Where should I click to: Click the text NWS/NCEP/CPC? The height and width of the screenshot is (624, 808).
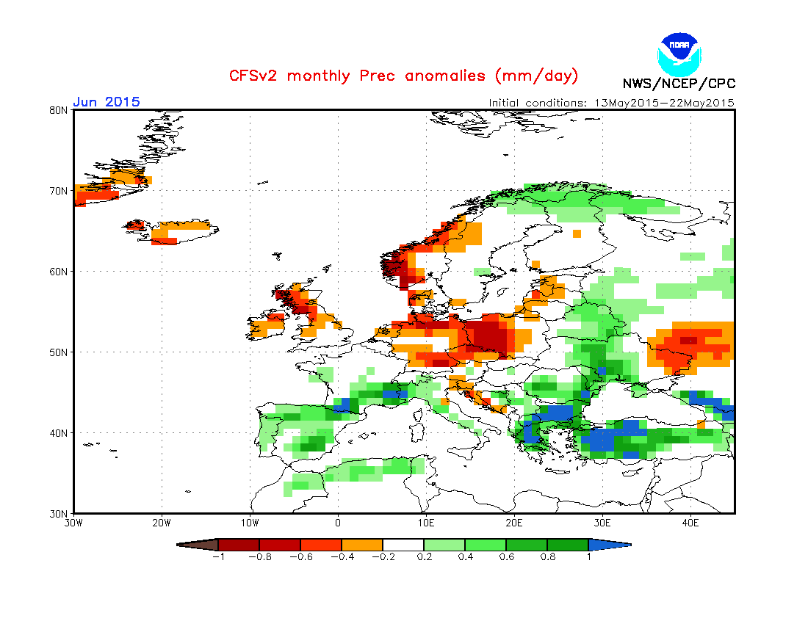click(x=679, y=84)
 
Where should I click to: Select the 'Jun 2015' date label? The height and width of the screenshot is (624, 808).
click(x=107, y=102)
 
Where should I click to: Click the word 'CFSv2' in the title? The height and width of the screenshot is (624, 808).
click(x=255, y=76)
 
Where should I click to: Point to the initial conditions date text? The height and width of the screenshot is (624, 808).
click(x=611, y=103)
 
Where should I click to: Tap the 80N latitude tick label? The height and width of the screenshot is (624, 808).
click(x=59, y=110)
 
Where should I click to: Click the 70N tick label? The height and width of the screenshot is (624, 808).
click(x=59, y=191)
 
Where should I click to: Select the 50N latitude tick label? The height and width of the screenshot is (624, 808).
click(x=59, y=352)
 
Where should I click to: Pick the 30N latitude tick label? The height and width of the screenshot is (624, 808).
click(x=59, y=513)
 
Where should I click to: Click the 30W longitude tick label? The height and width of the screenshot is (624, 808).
click(x=73, y=523)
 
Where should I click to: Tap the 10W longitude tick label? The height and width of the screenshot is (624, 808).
click(x=250, y=523)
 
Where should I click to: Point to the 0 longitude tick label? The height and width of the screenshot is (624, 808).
click(x=338, y=523)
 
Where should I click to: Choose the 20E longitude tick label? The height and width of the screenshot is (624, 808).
click(x=514, y=523)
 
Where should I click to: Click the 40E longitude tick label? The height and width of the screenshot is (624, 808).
click(x=690, y=523)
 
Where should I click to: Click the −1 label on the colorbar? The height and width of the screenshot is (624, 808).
click(x=217, y=557)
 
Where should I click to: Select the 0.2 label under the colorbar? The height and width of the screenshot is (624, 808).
click(x=425, y=557)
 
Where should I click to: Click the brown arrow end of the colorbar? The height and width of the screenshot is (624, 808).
click(x=198, y=545)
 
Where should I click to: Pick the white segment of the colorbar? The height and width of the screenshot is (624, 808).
click(x=403, y=545)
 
